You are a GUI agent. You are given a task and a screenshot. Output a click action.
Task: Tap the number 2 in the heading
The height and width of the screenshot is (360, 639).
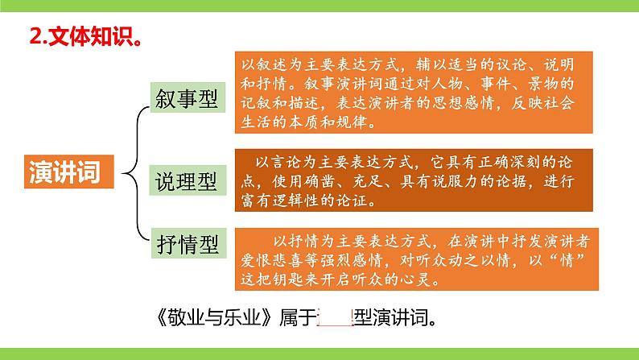(34, 35)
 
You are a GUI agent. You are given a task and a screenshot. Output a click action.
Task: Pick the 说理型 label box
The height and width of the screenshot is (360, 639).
(184, 182)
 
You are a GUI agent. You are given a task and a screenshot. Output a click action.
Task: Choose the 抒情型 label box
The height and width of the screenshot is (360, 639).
(184, 241)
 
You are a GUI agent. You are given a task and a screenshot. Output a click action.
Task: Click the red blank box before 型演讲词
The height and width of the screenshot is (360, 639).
(336, 317)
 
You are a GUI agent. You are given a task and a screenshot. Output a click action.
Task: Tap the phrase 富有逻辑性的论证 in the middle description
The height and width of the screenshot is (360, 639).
(315, 201)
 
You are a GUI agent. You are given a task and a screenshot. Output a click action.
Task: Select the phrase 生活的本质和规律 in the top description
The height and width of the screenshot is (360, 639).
(302, 124)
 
